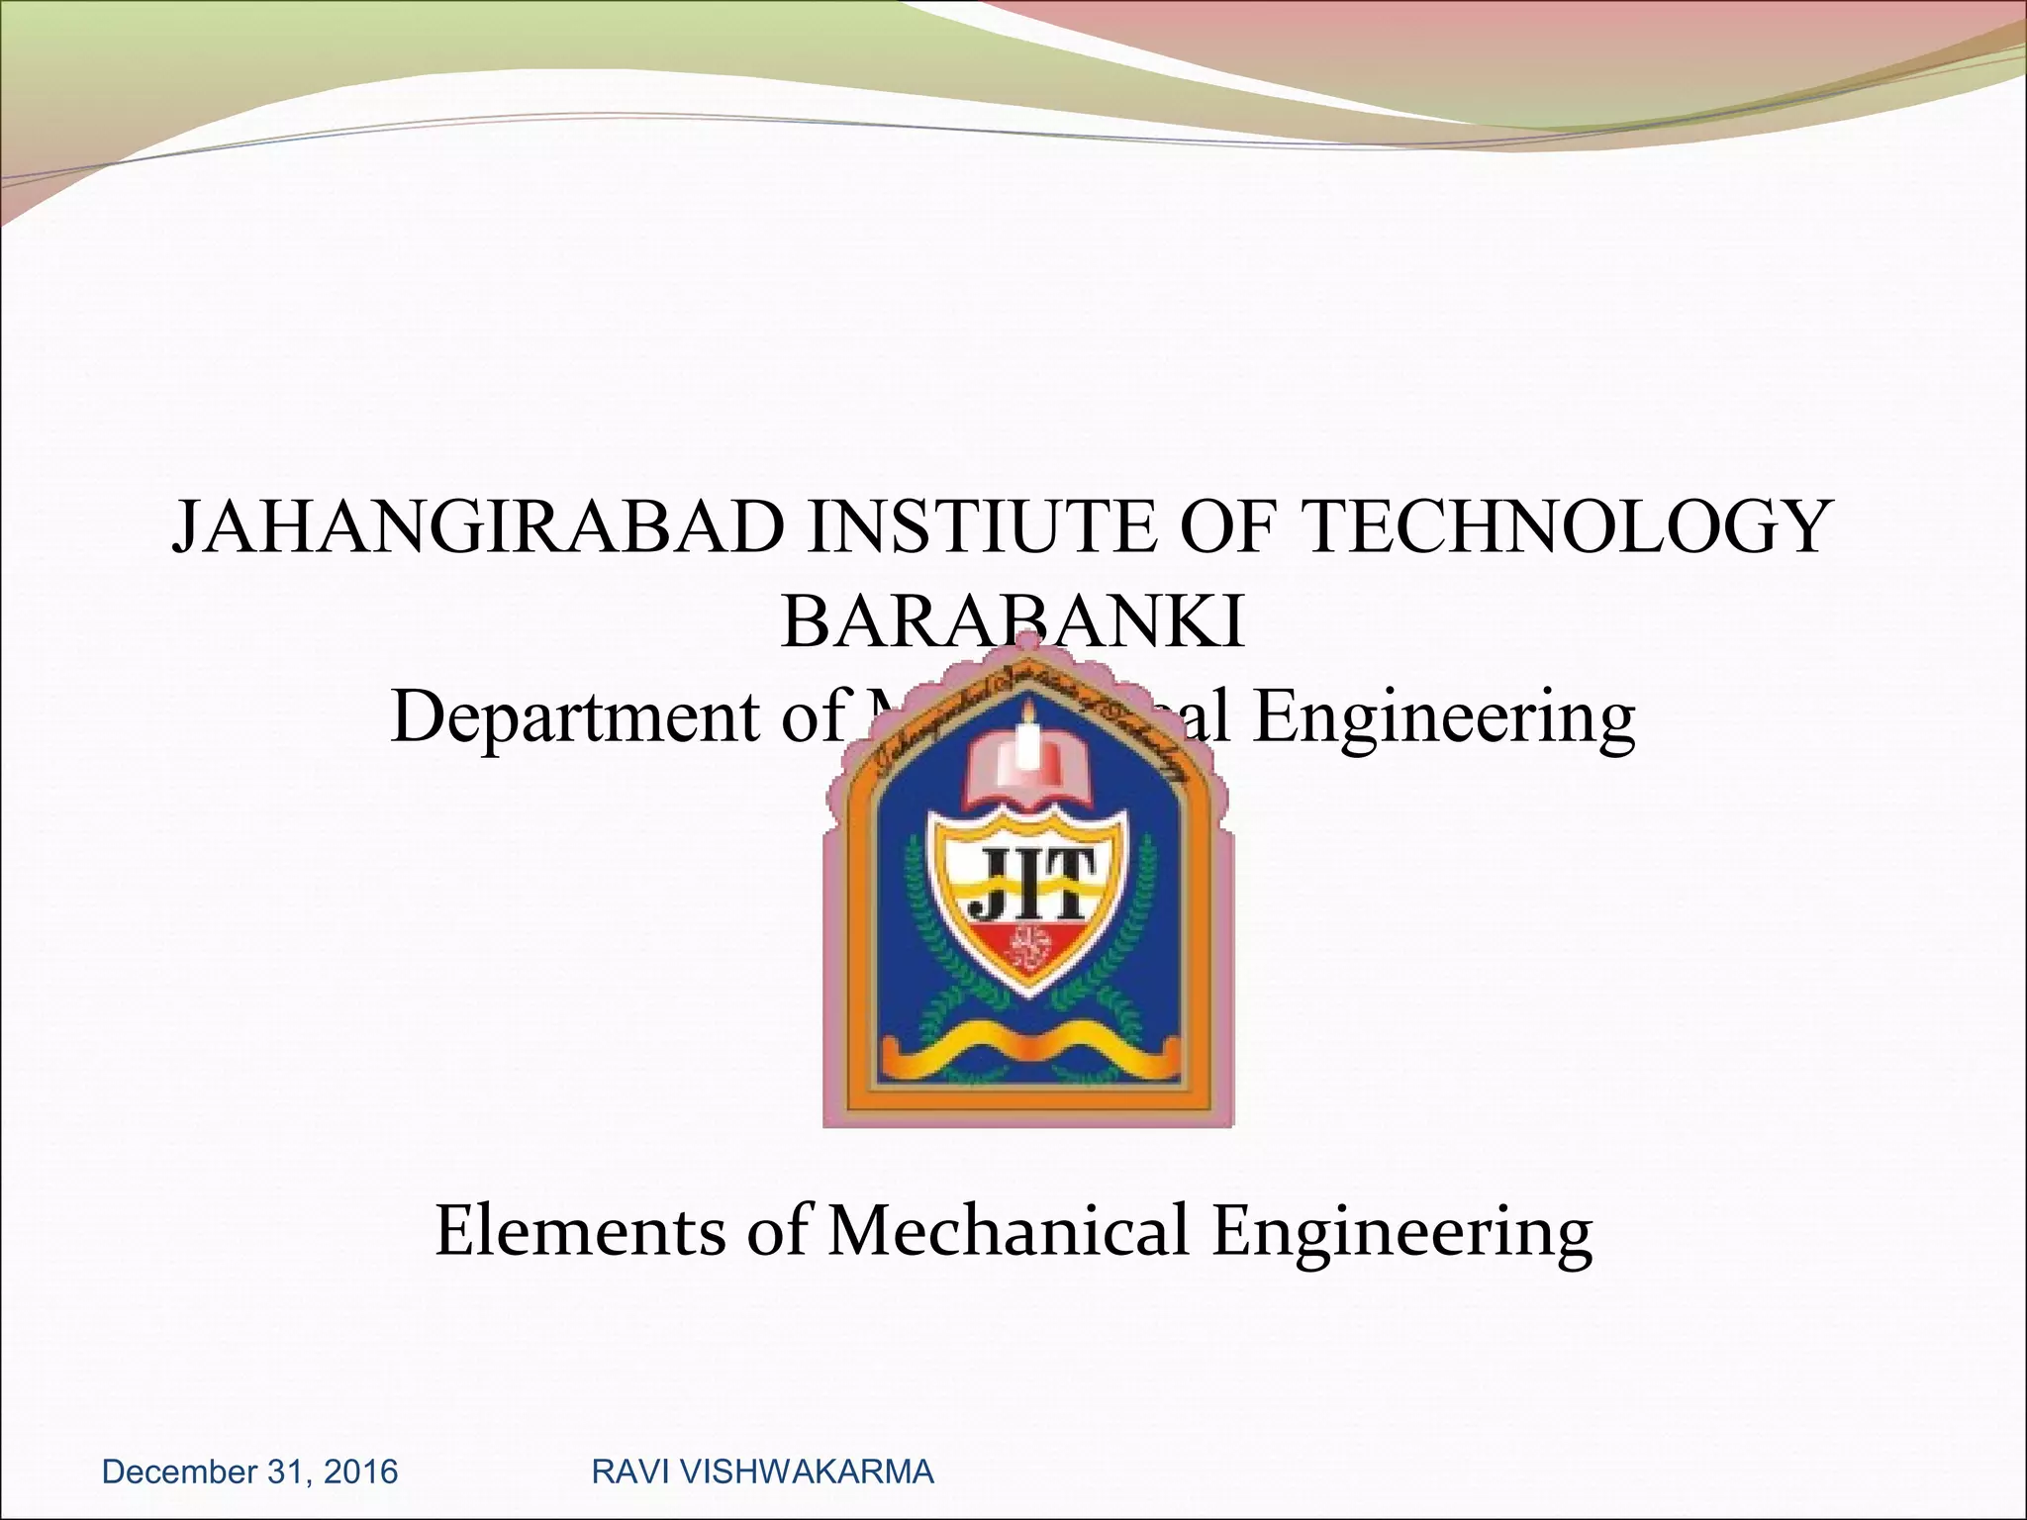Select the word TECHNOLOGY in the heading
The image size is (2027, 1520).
pos(1566,527)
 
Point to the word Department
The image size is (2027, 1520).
pos(574,718)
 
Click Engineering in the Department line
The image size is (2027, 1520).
pos(1443,718)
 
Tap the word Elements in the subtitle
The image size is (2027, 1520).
pos(580,1233)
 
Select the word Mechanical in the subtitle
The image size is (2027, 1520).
pos(1008,1233)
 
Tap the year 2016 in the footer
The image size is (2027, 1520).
pos(360,1472)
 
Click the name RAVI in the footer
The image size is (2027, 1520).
pos(620,1472)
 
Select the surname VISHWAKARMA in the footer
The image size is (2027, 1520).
pos(795,1472)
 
